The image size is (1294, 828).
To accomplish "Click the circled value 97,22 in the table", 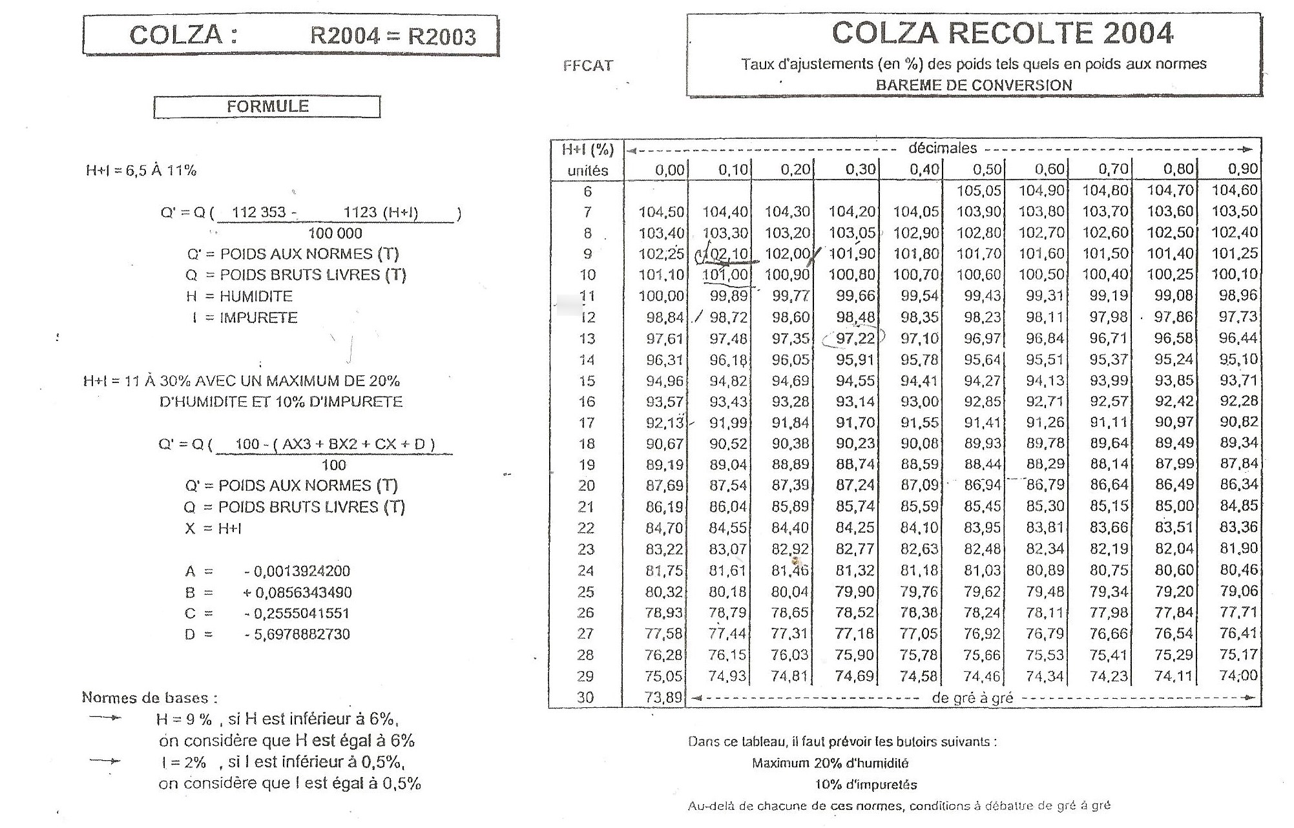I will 855,338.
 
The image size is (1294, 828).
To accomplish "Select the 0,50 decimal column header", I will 987,170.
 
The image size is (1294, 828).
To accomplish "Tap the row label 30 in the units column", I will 585,698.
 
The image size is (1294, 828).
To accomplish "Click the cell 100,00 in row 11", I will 661,296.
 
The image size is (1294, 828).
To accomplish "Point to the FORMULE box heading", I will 267,107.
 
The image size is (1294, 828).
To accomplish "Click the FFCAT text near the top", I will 588,65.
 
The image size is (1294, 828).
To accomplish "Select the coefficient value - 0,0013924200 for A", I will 297,572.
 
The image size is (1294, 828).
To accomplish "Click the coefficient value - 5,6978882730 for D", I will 297,635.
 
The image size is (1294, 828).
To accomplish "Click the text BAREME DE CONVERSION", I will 974,85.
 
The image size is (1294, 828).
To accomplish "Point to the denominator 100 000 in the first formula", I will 335,233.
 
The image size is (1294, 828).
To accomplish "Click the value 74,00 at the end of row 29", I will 1239,676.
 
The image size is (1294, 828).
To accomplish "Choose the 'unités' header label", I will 588,171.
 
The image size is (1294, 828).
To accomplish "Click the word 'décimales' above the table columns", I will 943,149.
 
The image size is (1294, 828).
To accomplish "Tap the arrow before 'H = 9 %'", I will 105,718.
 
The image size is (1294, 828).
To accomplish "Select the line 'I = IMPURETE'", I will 245,318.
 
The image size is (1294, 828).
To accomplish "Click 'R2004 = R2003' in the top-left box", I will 393,36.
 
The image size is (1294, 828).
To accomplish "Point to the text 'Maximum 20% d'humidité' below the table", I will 830,763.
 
